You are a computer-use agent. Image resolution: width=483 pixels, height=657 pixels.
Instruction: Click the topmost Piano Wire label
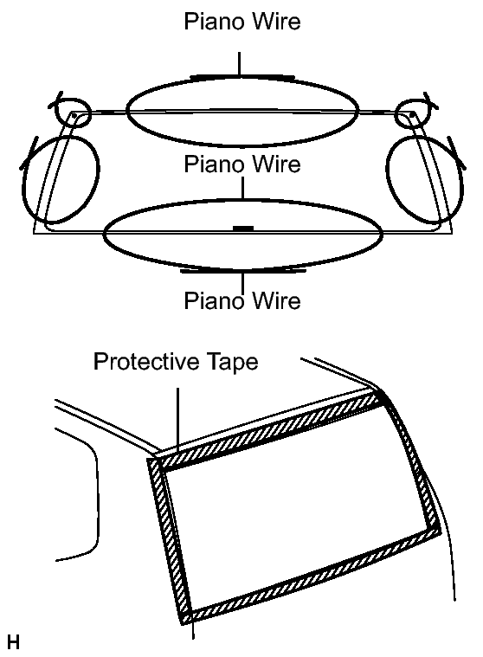click(x=242, y=21)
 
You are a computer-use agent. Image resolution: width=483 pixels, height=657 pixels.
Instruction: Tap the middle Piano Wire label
click(x=242, y=164)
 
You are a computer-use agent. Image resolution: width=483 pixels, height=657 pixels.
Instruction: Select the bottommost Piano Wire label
click(x=242, y=300)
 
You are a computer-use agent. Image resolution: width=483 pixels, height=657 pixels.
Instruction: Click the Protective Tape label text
click(x=176, y=361)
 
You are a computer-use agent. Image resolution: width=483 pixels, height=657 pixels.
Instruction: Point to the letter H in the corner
click(x=13, y=642)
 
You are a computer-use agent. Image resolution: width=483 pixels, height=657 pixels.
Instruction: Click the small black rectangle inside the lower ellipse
click(x=243, y=229)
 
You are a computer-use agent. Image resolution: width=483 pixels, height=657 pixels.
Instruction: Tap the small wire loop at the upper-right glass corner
click(x=410, y=113)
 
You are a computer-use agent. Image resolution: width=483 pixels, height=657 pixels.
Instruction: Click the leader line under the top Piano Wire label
click(x=239, y=64)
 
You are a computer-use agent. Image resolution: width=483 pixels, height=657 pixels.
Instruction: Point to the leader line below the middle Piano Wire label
click(x=243, y=188)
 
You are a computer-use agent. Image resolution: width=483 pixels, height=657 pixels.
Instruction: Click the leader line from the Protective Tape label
click(x=177, y=420)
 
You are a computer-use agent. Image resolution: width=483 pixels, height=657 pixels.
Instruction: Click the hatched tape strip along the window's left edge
click(x=170, y=539)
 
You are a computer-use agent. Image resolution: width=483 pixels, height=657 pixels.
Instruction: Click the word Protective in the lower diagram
click(x=149, y=361)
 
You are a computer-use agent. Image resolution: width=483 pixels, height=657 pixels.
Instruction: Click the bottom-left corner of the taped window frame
click(x=184, y=623)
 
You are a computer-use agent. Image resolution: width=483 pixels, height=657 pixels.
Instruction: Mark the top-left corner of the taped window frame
click(x=149, y=460)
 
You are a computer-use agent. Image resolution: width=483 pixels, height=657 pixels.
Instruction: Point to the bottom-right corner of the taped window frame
click(x=440, y=532)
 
